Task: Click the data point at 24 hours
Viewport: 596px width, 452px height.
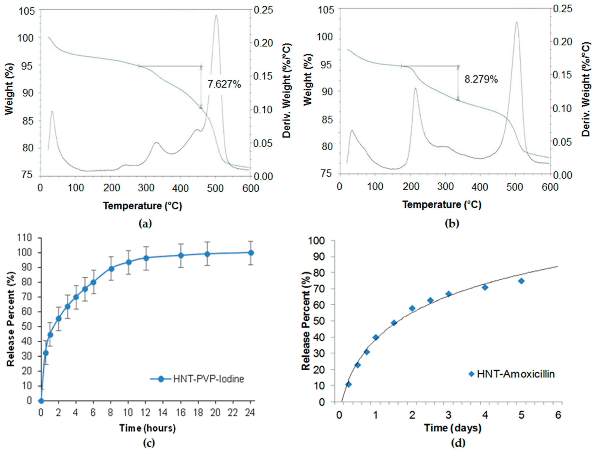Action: coord(251,252)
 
